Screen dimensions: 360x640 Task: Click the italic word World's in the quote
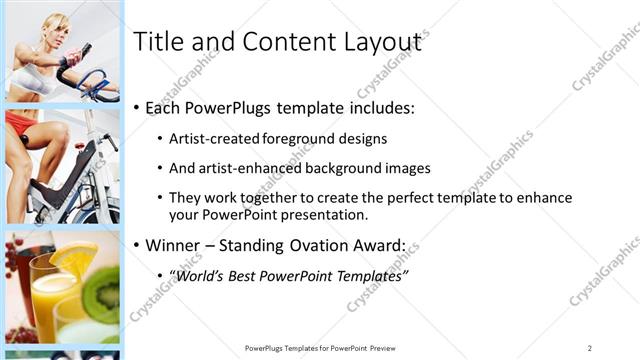pos(199,275)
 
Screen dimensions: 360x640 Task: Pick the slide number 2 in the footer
pos(590,347)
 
